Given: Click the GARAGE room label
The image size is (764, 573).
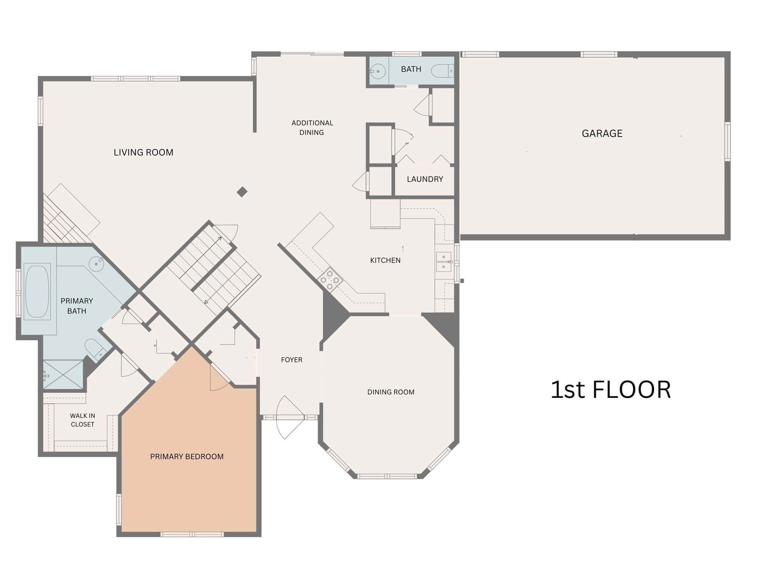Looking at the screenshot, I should [x=602, y=134].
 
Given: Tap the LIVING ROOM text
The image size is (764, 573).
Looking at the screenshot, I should [x=143, y=152].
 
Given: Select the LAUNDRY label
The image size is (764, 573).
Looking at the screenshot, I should [x=425, y=179].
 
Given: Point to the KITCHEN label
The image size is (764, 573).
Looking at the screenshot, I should [x=385, y=260].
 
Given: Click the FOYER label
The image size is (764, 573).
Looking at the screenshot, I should [x=291, y=360].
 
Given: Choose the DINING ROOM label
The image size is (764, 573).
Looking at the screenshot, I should [x=391, y=392].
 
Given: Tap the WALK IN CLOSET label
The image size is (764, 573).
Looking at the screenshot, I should [x=82, y=420].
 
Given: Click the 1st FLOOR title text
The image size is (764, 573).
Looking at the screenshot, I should [x=610, y=390].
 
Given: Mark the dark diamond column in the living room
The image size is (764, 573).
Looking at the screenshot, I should [x=242, y=192].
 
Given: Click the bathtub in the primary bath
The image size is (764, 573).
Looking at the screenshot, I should [x=37, y=291].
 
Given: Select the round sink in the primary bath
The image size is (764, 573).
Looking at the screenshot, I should [x=96, y=264].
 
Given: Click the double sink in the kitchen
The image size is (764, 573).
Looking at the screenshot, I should [x=444, y=262].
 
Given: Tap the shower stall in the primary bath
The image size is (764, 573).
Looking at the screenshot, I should [x=63, y=374].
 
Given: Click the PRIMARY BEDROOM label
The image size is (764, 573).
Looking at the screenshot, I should [x=187, y=457].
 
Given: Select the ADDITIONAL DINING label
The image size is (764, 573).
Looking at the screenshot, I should [x=312, y=128].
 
